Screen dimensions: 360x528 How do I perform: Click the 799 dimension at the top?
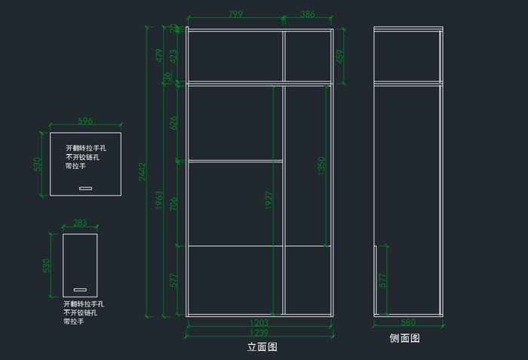pyautogui.click(x=235, y=14)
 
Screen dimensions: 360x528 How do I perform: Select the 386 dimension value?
pyautogui.click(x=308, y=14)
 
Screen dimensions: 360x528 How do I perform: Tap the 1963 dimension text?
pyautogui.click(x=160, y=201)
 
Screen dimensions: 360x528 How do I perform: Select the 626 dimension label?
pyautogui.click(x=175, y=122)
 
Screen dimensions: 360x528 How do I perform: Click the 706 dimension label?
pyautogui.click(x=175, y=203)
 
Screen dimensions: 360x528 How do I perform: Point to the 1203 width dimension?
pyautogui.click(x=259, y=322)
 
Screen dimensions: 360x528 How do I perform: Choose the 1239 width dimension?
pyautogui.click(x=259, y=333)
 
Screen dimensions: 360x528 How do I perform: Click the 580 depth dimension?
pyautogui.click(x=408, y=323)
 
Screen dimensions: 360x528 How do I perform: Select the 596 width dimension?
pyautogui.click(x=85, y=121)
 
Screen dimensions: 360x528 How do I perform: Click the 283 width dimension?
pyautogui.click(x=80, y=223)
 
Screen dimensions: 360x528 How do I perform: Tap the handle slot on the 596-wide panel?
pyautogui.click(x=85, y=188)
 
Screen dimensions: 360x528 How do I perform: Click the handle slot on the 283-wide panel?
pyautogui.click(x=80, y=289)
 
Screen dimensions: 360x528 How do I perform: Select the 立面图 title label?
pyautogui.click(x=262, y=348)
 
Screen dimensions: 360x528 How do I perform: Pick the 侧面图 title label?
pyautogui.click(x=405, y=339)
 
